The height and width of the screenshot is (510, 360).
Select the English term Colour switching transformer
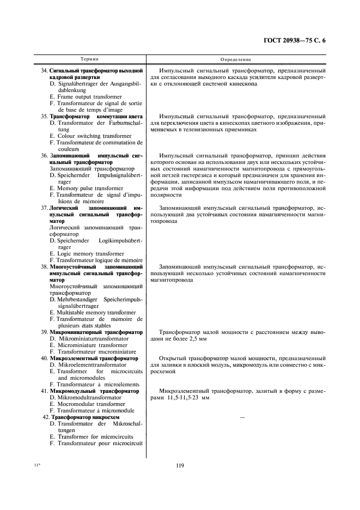click(90, 136)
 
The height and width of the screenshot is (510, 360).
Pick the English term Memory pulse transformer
click(86, 188)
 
